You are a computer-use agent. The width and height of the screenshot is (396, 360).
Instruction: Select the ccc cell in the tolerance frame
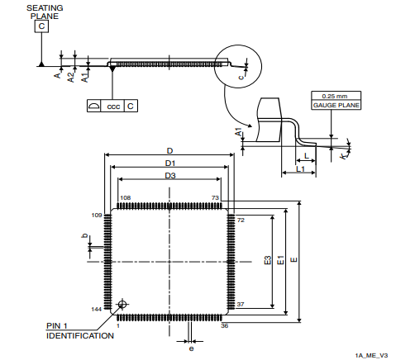pos(112,107)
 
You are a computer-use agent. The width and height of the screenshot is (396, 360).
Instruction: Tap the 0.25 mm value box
pos(334,96)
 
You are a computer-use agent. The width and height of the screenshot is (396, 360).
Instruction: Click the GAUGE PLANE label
pos(334,106)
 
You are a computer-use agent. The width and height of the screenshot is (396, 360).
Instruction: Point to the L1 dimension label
pos(301,168)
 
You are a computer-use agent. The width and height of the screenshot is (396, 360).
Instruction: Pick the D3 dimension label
pos(169,176)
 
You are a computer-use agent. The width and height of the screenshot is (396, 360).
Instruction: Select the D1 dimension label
pos(169,163)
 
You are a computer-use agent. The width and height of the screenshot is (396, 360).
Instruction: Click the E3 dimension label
pos(267,261)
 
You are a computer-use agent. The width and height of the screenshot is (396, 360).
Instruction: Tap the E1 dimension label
pos(280,261)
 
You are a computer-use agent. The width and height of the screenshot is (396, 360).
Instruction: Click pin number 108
pos(126,198)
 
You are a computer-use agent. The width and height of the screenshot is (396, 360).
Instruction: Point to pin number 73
pos(215,198)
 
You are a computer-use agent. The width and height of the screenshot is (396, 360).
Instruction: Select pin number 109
pos(96,215)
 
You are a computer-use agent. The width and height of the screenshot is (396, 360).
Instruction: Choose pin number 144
pos(96,308)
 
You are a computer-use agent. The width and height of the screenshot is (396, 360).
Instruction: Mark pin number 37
pos(241,305)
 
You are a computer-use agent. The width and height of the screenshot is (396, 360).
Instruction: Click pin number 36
pos(225,325)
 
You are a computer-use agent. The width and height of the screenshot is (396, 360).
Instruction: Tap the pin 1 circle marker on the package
pos(123,304)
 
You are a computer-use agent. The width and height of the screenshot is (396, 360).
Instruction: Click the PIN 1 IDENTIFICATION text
pos(79,331)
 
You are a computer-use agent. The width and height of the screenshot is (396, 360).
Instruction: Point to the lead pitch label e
pos(191,348)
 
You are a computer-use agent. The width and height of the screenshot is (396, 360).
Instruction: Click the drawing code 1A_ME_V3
pos(371,355)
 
